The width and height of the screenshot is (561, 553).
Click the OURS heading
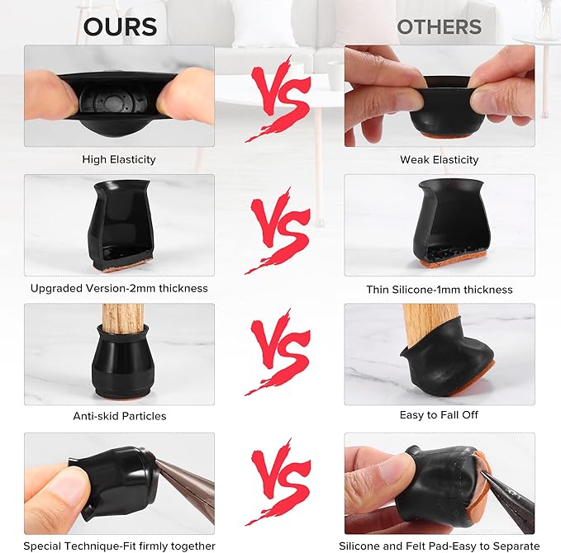(x=120, y=26)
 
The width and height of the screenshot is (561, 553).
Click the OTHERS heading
(x=440, y=26)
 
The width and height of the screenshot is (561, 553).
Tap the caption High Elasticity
(x=119, y=159)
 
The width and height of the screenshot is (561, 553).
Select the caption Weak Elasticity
(x=440, y=160)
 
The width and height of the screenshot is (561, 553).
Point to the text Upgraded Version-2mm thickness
(x=119, y=288)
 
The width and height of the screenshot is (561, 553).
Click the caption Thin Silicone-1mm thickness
(x=440, y=289)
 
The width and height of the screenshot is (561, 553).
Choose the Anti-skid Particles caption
(x=120, y=416)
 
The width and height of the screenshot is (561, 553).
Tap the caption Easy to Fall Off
(x=439, y=415)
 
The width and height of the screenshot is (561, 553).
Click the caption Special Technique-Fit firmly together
(x=119, y=546)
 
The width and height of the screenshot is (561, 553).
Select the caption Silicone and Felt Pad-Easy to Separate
(x=440, y=546)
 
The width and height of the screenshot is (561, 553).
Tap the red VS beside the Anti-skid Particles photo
(x=278, y=352)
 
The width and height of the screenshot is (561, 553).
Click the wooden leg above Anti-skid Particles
(x=123, y=318)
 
